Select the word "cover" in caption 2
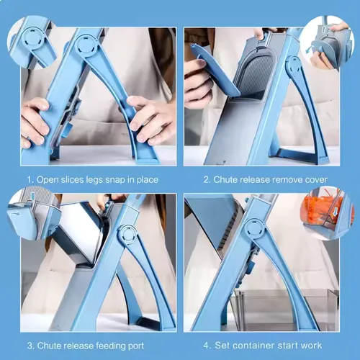pyautogui.click(x=315, y=179)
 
